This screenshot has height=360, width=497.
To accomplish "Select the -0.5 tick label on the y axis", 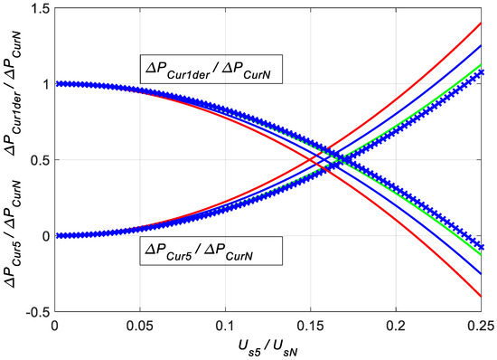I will pos(36,312).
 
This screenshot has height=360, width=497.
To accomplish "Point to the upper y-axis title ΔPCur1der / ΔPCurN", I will pos(13,86).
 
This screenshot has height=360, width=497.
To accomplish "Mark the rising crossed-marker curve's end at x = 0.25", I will pos(480,71).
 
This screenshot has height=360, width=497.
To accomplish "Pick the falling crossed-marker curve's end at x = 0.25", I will pos(480,247).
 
